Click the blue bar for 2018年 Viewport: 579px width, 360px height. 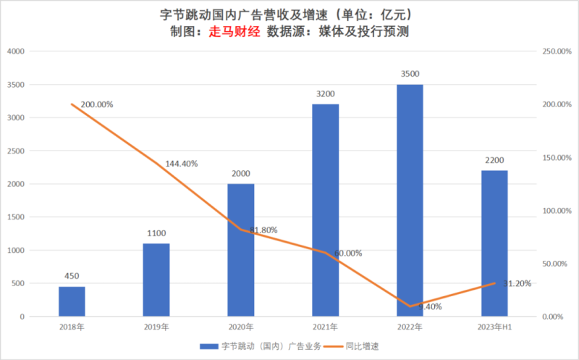72,301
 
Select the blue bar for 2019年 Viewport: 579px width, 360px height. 156,280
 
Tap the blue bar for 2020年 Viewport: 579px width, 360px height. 241,250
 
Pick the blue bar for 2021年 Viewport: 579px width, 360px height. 325,210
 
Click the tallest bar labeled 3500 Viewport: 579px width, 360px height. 410,201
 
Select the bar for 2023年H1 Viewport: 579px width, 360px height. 494,243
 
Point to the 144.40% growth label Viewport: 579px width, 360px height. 181,164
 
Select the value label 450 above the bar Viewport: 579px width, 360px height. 72,276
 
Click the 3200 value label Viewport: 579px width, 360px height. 325,93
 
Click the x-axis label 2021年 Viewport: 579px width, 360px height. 325,328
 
